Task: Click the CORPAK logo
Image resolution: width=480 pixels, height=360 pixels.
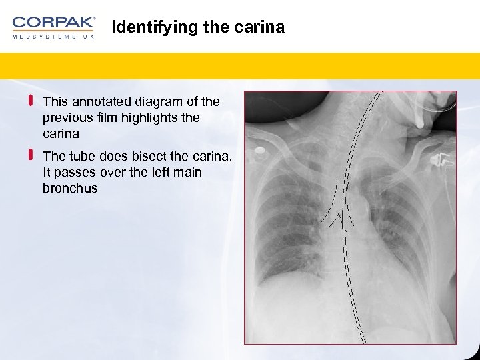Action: [53, 23]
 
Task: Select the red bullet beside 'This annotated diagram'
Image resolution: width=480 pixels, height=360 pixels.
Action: [31, 101]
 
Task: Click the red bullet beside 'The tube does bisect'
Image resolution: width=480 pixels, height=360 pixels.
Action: [31, 155]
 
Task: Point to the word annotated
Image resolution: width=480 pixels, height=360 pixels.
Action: [101, 101]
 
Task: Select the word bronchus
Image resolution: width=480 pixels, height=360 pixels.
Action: [70, 188]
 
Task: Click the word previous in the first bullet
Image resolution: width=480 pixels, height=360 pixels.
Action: [65, 117]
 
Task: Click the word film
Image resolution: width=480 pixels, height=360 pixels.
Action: [106, 117]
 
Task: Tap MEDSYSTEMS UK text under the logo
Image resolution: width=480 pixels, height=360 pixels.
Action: [53, 37]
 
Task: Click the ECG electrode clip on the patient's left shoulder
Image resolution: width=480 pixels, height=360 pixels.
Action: [441, 161]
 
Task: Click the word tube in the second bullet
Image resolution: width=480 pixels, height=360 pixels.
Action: [82, 156]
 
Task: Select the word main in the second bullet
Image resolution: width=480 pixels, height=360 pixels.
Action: [187, 172]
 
